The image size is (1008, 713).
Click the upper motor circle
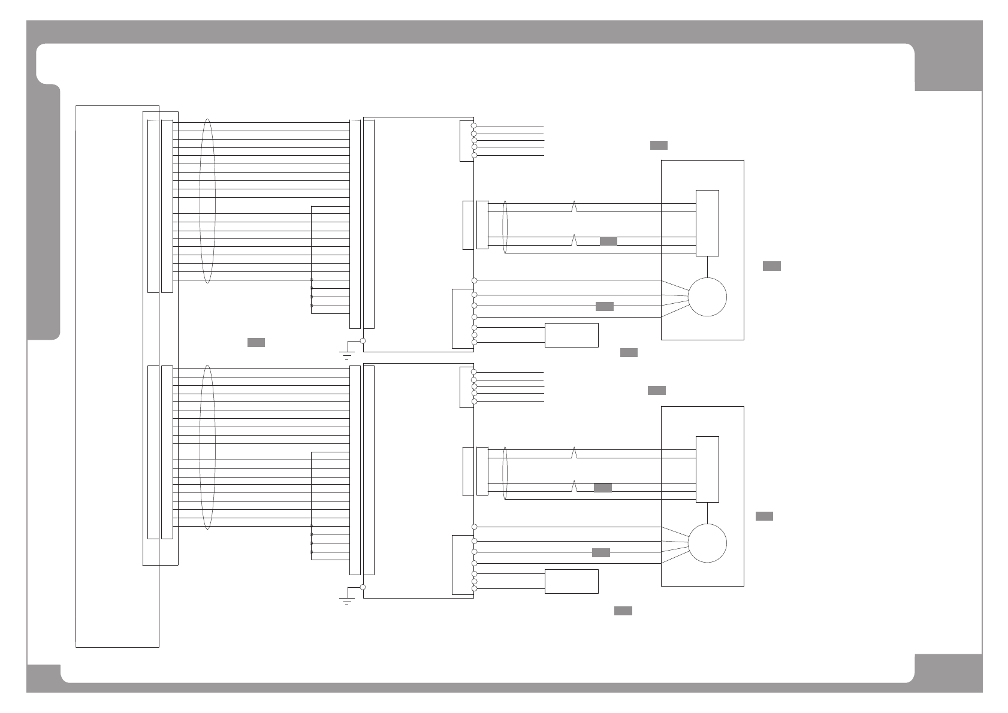[x=707, y=297]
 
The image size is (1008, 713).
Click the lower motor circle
[x=707, y=543]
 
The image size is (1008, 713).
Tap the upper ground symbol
[x=346, y=354]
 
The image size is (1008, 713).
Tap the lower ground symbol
[x=346, y=600]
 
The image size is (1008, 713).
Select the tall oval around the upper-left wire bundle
[x=207, y=201]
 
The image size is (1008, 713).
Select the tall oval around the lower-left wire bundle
[x=207, y=447]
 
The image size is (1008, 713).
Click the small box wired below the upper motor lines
[x=571, y=335]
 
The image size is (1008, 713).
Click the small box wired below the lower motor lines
[x=571, y=581]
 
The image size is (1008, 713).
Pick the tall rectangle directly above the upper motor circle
[x=707, y=223]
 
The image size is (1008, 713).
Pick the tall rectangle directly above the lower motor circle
[x=707, y=469]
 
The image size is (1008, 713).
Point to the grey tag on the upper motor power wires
[x=605, y=307]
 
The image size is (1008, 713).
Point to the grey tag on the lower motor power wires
[x=601, y=552]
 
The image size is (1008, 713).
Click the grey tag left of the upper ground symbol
[x=256, y=342]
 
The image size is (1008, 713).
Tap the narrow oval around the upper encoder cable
[x=505, y=226]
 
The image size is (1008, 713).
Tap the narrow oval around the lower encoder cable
[x=505, y=473]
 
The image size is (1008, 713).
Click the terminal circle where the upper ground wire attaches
[x=363, y=340]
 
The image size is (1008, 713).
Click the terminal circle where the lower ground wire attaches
[x=363, y=587]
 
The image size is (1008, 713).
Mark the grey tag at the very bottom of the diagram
[x=623, y=611]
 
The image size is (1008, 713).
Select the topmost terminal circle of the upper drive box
[x=473, y=126]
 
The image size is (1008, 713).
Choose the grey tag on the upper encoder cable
[x=608, y=241]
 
